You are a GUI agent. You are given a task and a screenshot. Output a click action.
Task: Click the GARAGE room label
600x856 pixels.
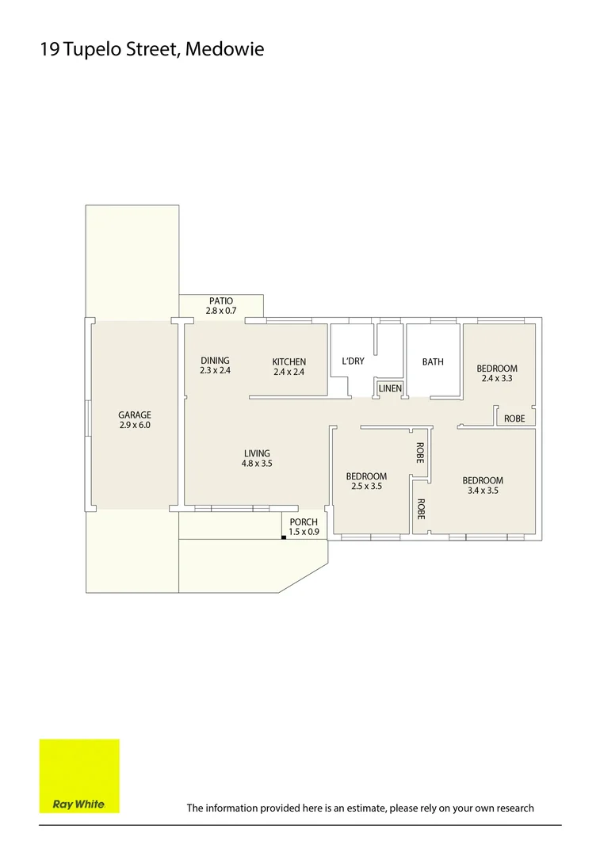(x=134, y=415)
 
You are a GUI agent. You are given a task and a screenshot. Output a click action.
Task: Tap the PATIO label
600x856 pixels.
(x=221, y=300)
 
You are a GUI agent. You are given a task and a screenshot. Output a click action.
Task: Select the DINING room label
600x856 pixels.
(x=215, y=361)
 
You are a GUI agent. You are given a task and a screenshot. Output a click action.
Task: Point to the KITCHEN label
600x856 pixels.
(x=289, y=361)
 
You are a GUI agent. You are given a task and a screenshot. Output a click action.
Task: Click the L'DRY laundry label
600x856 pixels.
(x=353, y=361)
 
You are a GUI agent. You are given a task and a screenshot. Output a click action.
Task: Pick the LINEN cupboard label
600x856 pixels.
(x=390, y=388)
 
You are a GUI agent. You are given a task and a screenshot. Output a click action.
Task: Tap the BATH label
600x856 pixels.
(x=433, y=361)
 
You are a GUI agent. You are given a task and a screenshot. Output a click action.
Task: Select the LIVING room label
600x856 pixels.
(x=257, y=453)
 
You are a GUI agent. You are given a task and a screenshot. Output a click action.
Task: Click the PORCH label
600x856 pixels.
(x=304, y=522)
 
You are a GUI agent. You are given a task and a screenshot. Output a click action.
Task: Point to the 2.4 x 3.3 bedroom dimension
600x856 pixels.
(x=497, y=378)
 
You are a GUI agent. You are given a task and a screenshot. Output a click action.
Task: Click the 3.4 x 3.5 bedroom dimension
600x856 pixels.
(x=483, y=491)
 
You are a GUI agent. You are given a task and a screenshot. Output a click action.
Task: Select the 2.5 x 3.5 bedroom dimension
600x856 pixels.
(x=366, y=487)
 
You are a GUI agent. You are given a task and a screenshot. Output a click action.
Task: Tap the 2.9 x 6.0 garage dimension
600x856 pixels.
(x=134, y=425)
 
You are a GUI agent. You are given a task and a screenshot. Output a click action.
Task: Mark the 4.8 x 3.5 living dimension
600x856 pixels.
(x=257, y=464)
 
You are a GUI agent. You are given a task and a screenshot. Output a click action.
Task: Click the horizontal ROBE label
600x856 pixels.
(x=514, y=418)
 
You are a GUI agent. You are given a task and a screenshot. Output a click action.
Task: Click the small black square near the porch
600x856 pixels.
(x=283, y=537)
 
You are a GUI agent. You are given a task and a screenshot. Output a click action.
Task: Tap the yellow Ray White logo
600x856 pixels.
(x=79, y=776)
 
